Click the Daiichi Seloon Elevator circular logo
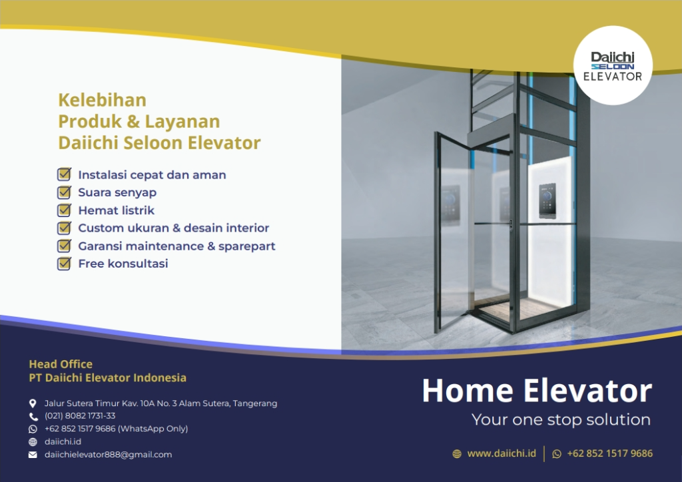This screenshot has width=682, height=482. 613,65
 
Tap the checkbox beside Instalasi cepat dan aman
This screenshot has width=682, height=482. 64,175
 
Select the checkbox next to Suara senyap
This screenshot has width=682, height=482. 64,192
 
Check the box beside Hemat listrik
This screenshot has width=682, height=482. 64,210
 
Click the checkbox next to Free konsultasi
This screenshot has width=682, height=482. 64,264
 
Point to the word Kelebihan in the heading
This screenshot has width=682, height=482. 102,100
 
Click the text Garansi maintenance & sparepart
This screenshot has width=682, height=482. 176,246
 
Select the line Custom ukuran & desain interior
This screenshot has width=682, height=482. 173,228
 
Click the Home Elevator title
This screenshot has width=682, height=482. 536,391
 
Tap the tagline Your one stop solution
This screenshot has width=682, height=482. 561,420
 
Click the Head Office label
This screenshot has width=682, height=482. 61,364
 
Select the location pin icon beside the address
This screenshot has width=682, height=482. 33,403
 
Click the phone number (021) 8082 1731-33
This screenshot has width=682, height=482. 80,416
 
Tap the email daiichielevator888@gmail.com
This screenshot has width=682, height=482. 108,455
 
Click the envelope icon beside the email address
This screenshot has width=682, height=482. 33,455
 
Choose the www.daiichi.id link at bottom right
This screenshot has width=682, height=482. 502,453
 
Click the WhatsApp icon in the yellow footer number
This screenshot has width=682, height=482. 557,454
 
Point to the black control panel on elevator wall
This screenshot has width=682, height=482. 547,198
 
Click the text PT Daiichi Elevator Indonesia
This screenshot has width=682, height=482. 107,378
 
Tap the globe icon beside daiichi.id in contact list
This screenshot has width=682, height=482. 33,442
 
